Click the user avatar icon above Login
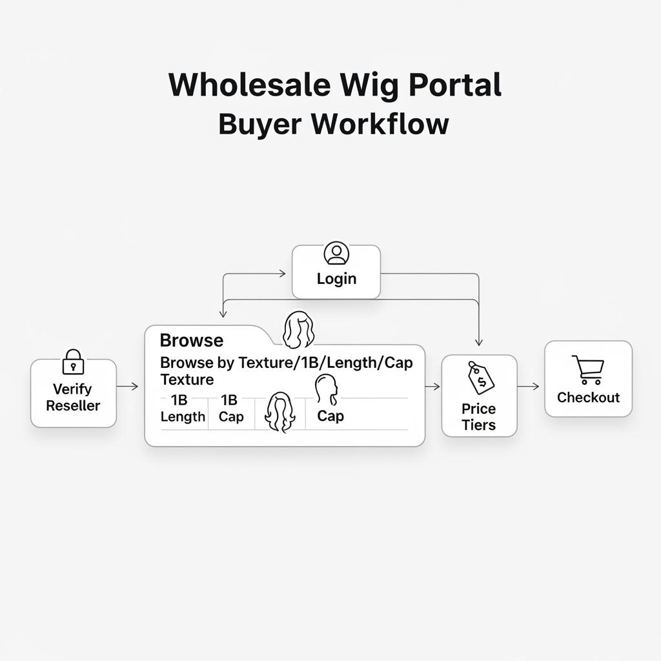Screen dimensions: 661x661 [x=336, y=254]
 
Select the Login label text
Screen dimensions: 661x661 [x=336, y=279]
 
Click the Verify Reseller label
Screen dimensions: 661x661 [x=73, y=397]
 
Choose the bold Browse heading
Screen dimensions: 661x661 [x=191, y=340]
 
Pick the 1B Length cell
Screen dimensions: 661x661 [x=183, y=409]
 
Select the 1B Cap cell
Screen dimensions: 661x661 [x=230, y=409]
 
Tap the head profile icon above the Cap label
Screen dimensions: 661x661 [x=326, y=389]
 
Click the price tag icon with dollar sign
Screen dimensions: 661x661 [x=480, y=378]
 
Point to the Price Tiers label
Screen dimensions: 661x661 [x=478, y=416]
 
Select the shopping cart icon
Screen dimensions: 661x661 [x=588, y=370]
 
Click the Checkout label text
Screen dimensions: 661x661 [x=588, y=398]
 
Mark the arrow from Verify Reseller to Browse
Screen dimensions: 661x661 [x=128, y=386]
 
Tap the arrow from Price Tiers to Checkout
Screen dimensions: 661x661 [x=529, y=386]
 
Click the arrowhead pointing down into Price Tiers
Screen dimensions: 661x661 [x=478, y=342]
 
